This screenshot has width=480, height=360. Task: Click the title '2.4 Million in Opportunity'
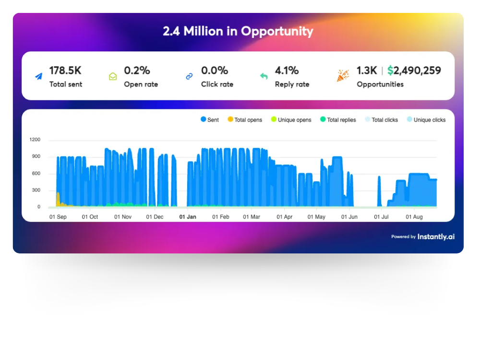pyautogui.click(x=238, y=32)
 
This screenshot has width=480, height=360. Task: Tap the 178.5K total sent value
pyautogui.click(x=65, y=71)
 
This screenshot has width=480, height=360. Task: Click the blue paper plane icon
pyautogui.click(x=38, y=76)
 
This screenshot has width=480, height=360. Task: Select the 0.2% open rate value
pyautogui.click(x=137, y=71)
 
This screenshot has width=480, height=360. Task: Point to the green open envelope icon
pyautogui.click(x=113, y=76)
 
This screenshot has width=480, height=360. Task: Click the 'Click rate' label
pyautogui.click(x=217, y=84)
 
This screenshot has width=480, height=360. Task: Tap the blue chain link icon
pyautogui.click(x=189, y=76)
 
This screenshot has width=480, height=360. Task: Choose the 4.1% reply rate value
pyautogui.click(x=287, y=71)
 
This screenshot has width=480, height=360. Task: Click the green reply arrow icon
pyautogui.click(x=264, y=76)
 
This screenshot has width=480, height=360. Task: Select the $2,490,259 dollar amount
pyautogui.click(x=414, y=71)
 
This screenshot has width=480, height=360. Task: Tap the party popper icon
pyautogui.click(x=343, y=76)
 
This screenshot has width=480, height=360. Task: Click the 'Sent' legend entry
pyautogui.click(x=210, y=120)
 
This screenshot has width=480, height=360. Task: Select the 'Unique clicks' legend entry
pyautogui.click(x=426, y=120)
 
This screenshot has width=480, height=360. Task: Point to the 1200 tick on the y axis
pyautogui.click(x=35, y=140)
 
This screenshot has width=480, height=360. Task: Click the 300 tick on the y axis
pyautogui.click(x=36, y=191)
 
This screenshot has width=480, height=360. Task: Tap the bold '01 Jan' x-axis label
pyautogui.click(x=188, y=217)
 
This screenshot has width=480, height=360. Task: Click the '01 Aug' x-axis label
pyautogui.click(x=414, y=217)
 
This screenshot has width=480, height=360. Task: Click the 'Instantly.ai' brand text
pyautogui.click(x=436, y=237)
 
